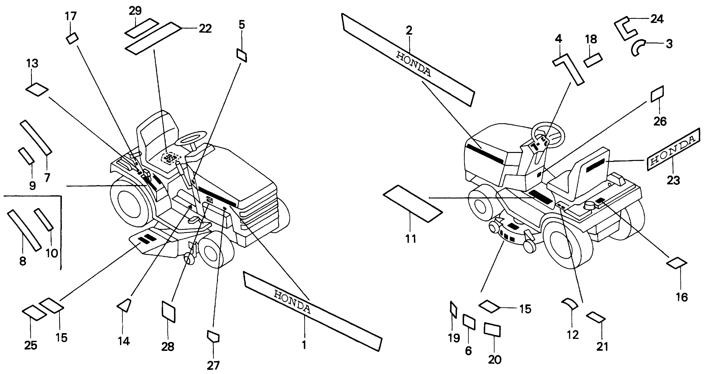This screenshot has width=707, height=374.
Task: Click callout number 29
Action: pyautogui.click(x=135, y=11)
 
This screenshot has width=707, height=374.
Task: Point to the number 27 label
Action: pyautogui.click(x=213, y=365)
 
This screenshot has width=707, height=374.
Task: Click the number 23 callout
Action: pyautogui.click(x=673, y=180)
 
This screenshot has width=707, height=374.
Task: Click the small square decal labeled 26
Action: pyautogui.click(x=657, y=94)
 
